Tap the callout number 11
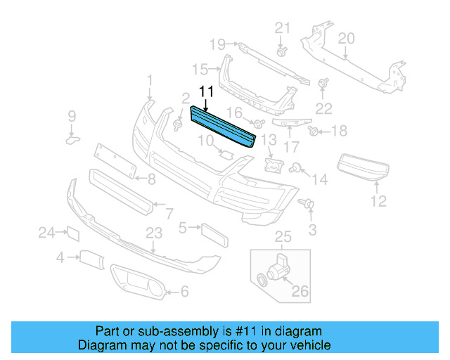coord(206,91)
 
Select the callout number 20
coord(346,39)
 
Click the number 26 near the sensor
coord(300,291)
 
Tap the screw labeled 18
coord(314,130)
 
